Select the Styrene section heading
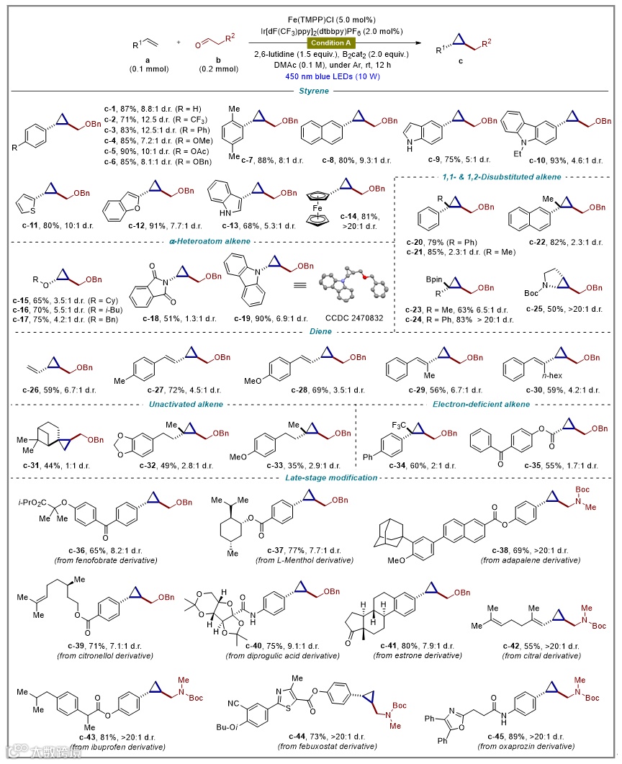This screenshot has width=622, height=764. tap(310, 90)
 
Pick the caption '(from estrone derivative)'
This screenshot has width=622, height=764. tap(418, 655)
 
